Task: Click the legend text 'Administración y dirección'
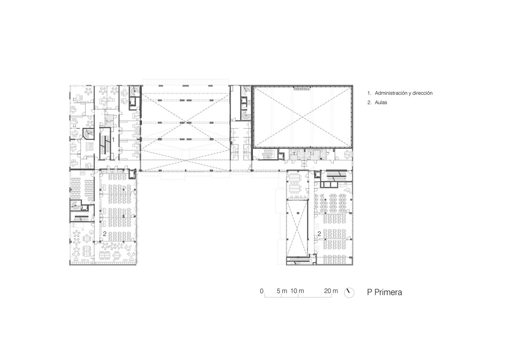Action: click(x=403, y=93)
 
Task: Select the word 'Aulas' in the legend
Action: click(x=381, y=102)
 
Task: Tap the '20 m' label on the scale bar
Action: click(x=331, y=291)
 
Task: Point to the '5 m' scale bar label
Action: click(x=282, y=291)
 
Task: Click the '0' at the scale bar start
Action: click(x=262, y=291)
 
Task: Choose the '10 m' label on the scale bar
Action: click(x=297, y=291)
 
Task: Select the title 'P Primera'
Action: click(x=384, y=292)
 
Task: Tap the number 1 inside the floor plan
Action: click(x=113, y=139)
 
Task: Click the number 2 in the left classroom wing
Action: click(x=105, y=234)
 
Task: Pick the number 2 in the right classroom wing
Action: click(x=319, y=234)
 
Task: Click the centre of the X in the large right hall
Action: click(x=302, y=117)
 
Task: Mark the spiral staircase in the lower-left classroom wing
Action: click(x=75, y=206)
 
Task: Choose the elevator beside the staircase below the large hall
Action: click(x=281, y=156)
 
